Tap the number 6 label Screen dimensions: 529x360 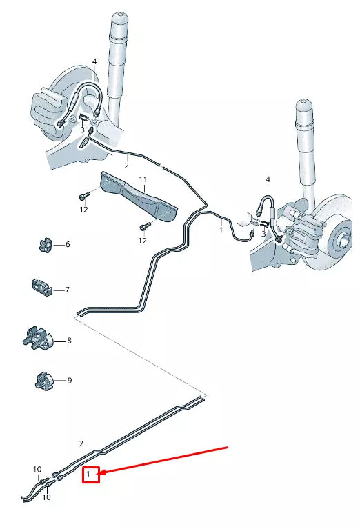(68, 245)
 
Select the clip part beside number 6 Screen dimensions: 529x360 (45, 244)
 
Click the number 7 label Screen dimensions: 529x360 (68, 290)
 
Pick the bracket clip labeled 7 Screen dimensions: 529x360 (42, 287)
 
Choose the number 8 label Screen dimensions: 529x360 (69, 341)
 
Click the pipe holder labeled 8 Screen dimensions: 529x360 (39, 338)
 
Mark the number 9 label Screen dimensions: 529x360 (69, 380)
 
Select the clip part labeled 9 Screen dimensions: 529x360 (43, 380)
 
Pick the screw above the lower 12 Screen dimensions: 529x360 (144, 226)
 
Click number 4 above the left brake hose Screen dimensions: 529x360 (94, 62)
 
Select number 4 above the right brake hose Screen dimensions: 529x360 (268, 180)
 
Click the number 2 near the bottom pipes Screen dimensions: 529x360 (81, 443)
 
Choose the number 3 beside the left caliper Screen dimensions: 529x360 (81, 129)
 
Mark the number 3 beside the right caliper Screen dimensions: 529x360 (263, 234)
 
